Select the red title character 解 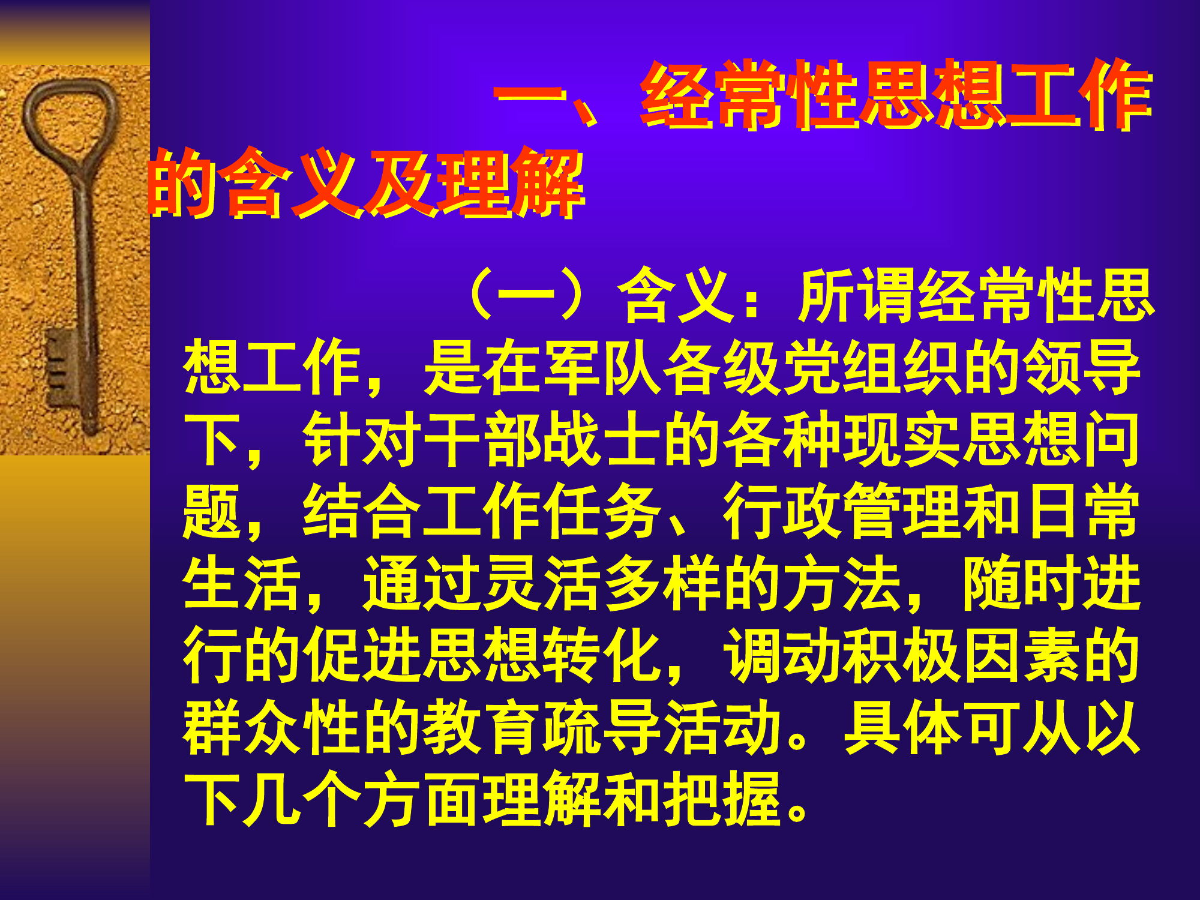click(x=549, y=183)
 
